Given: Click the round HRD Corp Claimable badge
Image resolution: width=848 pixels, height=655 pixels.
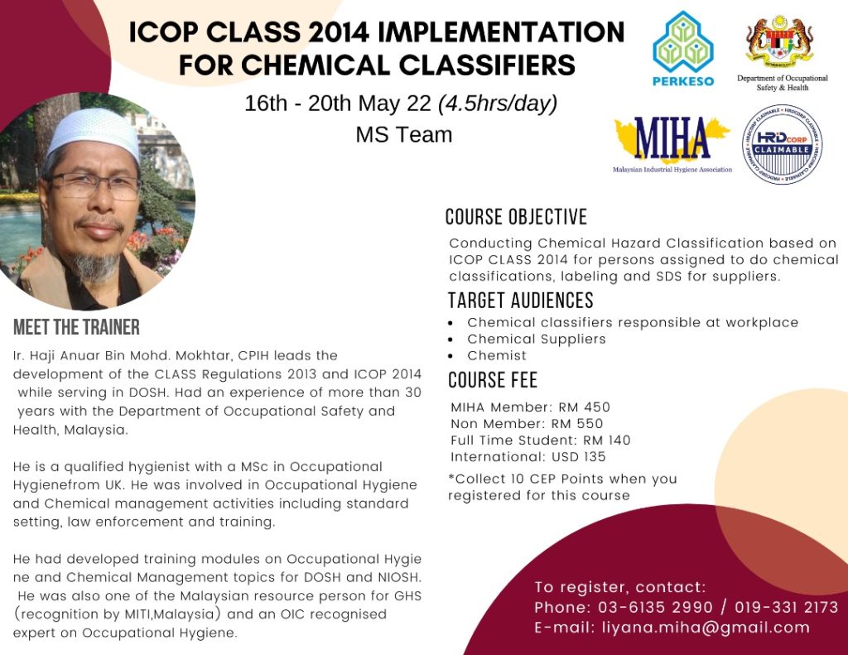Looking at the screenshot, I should coord(782,144).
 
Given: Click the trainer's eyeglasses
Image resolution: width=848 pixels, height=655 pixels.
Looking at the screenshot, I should coord(98,185).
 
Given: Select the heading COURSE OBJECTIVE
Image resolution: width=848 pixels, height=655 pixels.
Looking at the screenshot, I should coord(516,217).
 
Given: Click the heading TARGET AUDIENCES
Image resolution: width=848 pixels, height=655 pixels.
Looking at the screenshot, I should coord(520,300).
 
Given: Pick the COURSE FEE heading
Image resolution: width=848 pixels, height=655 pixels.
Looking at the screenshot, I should coord(493,380).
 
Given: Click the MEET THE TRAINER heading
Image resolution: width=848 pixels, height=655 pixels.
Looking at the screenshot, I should coord(76,327).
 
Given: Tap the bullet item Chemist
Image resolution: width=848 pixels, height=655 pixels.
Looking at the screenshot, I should coord(497,355).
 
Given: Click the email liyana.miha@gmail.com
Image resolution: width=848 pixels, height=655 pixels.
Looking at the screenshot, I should coord(703,627).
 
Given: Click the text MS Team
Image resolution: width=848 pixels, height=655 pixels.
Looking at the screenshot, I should coord(404,134).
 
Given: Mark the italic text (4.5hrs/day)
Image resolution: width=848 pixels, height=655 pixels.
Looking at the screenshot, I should coord(497,104).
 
